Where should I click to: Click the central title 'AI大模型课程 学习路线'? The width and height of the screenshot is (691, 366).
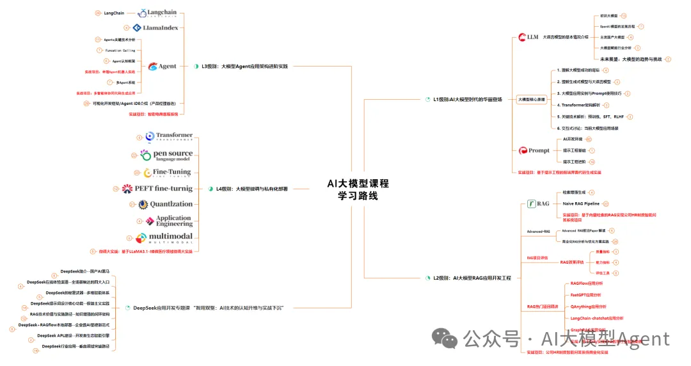[x=358, y=189]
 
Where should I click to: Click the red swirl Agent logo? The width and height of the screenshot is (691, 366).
[x=163, y=66]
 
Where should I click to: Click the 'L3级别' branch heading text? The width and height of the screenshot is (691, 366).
[x=244, y=66]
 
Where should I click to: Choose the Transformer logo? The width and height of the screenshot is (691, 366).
[x=168, y=137]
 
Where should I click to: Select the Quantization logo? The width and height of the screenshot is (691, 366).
[x=165, y=204]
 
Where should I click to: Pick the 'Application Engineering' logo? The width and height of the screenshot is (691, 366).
[x=168, y=221]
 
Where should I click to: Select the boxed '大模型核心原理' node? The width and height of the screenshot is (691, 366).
[x=532, y=100]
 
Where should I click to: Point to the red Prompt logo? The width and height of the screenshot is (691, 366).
[x=534, y=150]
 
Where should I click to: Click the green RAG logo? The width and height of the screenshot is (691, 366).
[x=538, y=203]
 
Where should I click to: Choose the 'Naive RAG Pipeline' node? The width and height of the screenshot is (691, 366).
[x=581, y=203]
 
